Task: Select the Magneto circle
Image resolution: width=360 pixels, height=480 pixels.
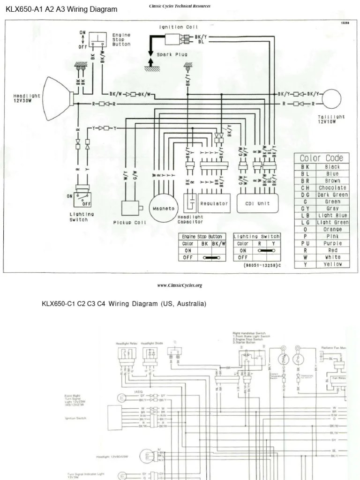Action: point(162,207)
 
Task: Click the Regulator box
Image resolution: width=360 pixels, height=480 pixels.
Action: point(214,203)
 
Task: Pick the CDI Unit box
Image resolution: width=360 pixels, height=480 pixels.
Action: point(257,203)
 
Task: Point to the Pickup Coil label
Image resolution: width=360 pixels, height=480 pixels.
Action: point(130,223)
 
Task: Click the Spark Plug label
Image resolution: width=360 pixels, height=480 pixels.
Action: point(174,54)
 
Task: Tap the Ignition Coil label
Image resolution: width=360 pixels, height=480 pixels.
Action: point(179,27)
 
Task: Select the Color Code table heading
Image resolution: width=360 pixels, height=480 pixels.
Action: point(321,158)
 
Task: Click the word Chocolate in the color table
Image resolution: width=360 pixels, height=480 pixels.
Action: point(332,187)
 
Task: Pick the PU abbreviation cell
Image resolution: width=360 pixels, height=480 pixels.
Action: point(305,243)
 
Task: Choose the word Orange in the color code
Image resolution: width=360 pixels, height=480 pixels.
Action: point(332,229)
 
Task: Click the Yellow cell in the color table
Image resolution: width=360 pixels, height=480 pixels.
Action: point(332,264)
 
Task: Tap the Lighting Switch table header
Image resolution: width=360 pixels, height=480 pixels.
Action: point(256,236)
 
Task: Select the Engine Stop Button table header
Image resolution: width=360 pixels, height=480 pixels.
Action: point(202,236)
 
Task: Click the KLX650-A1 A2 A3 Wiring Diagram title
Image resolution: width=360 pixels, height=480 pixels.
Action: point(61,9)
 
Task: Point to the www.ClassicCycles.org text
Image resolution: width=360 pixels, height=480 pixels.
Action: point(180,285)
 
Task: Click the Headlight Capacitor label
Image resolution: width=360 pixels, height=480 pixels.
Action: point(190,219)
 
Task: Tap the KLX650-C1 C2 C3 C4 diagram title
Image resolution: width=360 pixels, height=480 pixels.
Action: point(124,304)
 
